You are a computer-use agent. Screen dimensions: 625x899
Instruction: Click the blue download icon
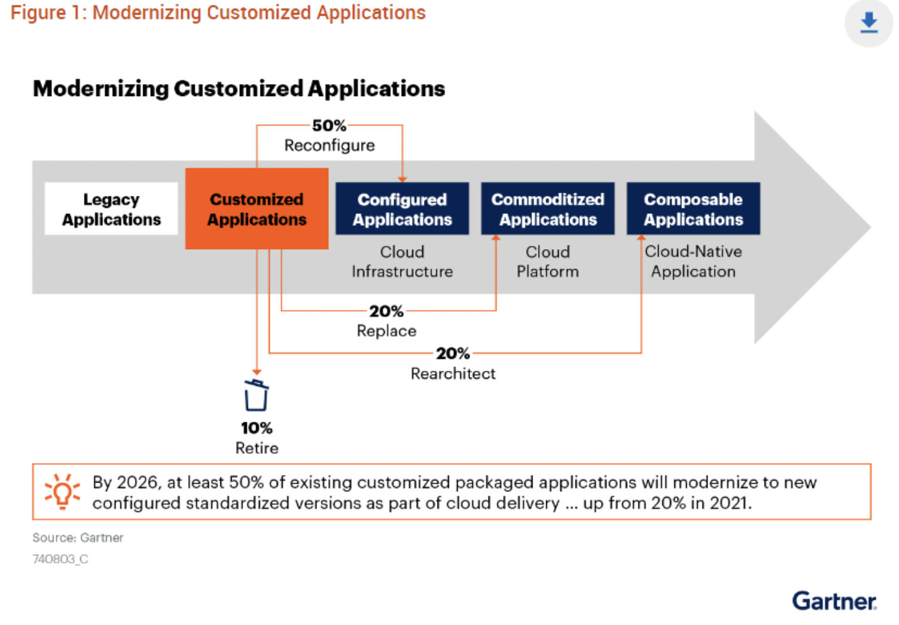(x=868, y=23)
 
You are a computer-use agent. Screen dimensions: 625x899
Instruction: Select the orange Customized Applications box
(x=257, y=208)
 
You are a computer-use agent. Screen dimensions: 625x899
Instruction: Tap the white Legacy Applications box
(x=111, y=208)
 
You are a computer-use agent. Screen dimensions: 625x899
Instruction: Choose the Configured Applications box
(x=402, y=208)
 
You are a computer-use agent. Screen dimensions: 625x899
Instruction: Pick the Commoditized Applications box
(x=547, y=208)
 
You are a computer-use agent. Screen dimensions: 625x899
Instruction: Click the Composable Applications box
(x=693, y=208)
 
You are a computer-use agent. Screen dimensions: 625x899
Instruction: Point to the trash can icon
(x=256, y=395)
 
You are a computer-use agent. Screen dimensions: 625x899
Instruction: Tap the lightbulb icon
(x=62, y=491)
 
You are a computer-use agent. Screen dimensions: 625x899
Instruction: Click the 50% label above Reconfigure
(x=329, y=126)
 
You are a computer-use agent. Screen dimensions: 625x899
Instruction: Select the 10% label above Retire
(x=257, y=428)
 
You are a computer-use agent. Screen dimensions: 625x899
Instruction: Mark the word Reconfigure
(x=329, y=146)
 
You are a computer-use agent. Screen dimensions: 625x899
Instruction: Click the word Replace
(x=386, y=331)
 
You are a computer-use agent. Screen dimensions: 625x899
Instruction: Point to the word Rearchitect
(x=453, y=373)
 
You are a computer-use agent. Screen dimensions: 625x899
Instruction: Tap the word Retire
(x=257, y=448)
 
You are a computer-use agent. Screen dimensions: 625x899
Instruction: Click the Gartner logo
(x=834, y=601)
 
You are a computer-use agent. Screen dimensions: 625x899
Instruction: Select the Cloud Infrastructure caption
(x=402, y=262)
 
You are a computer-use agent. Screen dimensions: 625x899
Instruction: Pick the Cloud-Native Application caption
(x=693, y=262)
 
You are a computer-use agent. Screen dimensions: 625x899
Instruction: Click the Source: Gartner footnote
(x=78, y=538)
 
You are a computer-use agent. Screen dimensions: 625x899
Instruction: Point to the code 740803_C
(x=60, y=559)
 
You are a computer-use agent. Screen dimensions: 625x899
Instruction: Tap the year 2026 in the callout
(x=137, y=482)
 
